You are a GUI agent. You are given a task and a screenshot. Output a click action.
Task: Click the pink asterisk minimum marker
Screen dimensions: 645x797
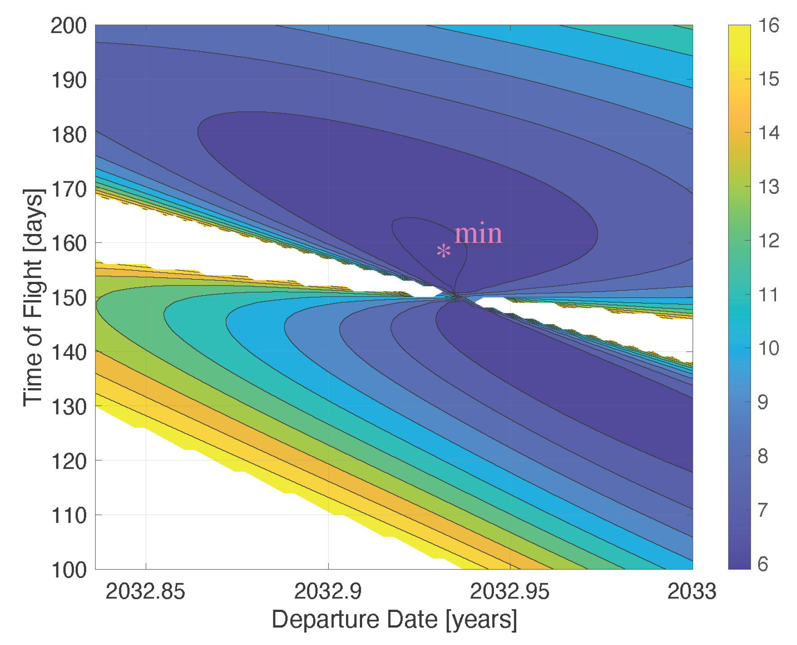[443, 251]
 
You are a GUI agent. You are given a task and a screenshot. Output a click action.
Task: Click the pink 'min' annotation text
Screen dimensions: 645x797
[478, 234]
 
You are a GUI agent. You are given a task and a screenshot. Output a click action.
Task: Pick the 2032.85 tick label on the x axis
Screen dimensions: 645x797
[145, 591]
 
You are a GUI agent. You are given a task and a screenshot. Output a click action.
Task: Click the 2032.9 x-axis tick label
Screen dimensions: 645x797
[328, 591]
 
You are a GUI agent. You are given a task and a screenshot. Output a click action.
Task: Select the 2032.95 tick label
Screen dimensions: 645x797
[509, 591]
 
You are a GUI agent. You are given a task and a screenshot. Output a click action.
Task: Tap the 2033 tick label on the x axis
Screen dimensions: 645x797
[691, 591]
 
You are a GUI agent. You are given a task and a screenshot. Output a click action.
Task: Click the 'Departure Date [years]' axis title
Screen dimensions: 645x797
[394, 620]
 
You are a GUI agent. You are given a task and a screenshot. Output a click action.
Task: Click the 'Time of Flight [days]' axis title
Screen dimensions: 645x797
[34, 297]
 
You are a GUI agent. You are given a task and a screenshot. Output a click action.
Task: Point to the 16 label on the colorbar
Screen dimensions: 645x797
[768, 25]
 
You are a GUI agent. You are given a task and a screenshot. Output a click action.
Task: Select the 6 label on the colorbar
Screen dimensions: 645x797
[763, 564]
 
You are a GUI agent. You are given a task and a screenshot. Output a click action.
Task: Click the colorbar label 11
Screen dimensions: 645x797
[768, 295]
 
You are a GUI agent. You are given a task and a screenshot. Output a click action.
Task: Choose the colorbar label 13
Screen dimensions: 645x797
[768, 187]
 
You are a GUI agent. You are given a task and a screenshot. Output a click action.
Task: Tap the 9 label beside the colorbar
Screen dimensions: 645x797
[763, 402]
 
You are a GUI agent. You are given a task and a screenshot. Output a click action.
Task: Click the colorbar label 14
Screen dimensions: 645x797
[768, 133]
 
